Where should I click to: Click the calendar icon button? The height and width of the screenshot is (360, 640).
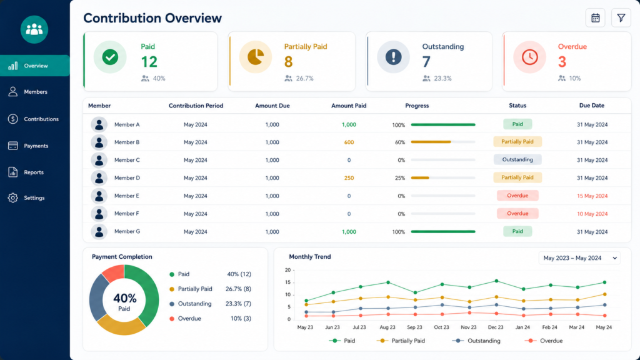coord(595,18)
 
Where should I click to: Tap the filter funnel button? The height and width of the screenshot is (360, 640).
coord(621,18)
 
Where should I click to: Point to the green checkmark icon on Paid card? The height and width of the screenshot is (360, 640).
coord(110,57)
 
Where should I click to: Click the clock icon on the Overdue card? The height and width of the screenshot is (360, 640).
coord(529,57)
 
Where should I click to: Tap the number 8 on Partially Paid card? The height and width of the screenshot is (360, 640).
coord(288,62)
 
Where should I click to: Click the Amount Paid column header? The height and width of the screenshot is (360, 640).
coord(349,106)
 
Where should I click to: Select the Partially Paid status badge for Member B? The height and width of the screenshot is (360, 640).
coord(517,142)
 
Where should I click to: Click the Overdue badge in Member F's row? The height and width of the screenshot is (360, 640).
coord(517,214)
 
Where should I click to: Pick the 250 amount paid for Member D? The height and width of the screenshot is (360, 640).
coord(349,178)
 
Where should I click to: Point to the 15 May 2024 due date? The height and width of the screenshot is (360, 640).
coord(592,196)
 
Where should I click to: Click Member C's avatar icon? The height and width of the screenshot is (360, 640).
coord(99,160)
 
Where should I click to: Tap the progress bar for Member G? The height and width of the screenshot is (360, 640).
coord(443,231)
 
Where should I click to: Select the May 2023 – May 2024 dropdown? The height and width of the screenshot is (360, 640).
coord(579,258)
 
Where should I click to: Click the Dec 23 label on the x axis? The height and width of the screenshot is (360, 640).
coord(496,327)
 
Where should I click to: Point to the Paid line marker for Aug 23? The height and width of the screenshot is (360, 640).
coord(387,282)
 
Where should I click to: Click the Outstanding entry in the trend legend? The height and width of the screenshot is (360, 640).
coord(476,341)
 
